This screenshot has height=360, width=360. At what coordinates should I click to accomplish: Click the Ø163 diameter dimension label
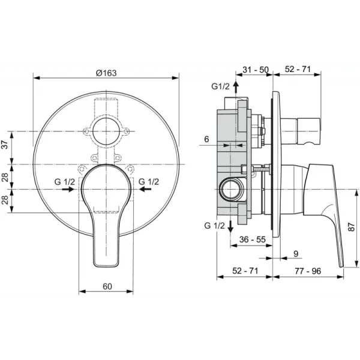(106, 73)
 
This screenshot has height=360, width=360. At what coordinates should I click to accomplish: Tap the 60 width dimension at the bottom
(107, 286)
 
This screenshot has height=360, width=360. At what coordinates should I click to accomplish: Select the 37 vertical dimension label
(5, 144)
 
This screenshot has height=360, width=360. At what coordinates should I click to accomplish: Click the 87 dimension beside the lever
(352, 227)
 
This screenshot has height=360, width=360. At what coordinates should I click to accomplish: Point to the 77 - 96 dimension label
(308, 271)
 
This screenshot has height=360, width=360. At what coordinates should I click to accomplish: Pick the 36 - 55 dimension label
(253, 239)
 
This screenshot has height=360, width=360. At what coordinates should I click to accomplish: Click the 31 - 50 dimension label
(256, 70)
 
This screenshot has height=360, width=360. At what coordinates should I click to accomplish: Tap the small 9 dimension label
(296, 254)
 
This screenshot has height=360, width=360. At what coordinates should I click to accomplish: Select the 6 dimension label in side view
(206, 139)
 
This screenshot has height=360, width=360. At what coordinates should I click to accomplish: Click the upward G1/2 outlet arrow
(236, 87)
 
